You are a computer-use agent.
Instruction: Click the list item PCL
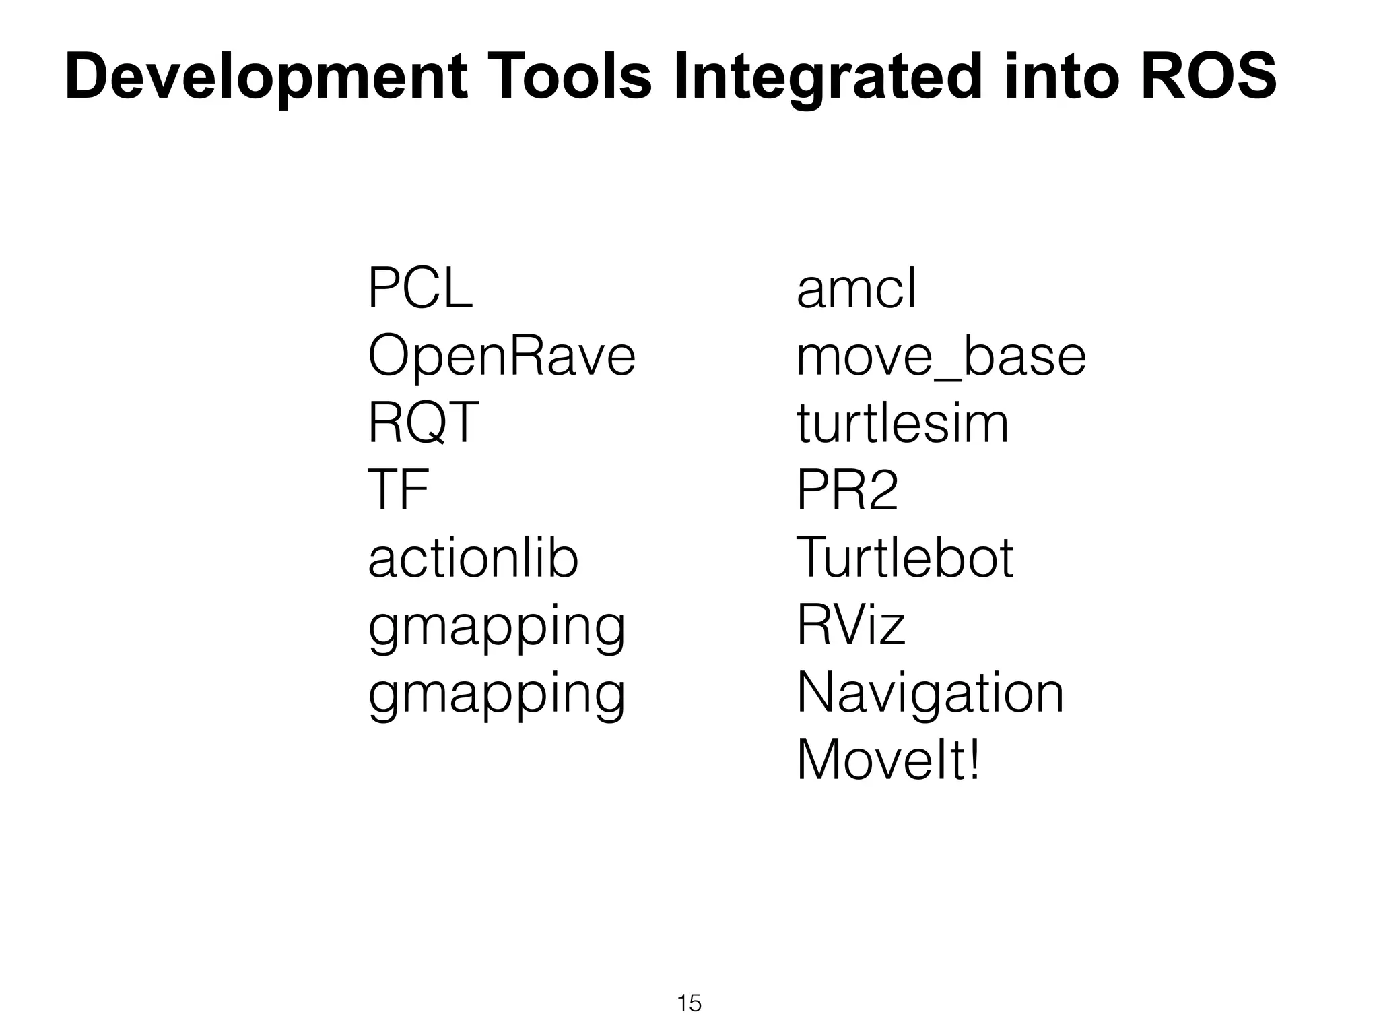[420, 288]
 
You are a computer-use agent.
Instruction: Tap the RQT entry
[423, 423]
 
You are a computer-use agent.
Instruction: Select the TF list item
[398, 490]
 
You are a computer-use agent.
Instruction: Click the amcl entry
[856, 288]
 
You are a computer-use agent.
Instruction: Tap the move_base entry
[941, 357]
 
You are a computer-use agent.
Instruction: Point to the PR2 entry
[847, 490]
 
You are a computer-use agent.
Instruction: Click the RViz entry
[851, 625]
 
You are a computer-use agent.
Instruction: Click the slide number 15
[689, 1003]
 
